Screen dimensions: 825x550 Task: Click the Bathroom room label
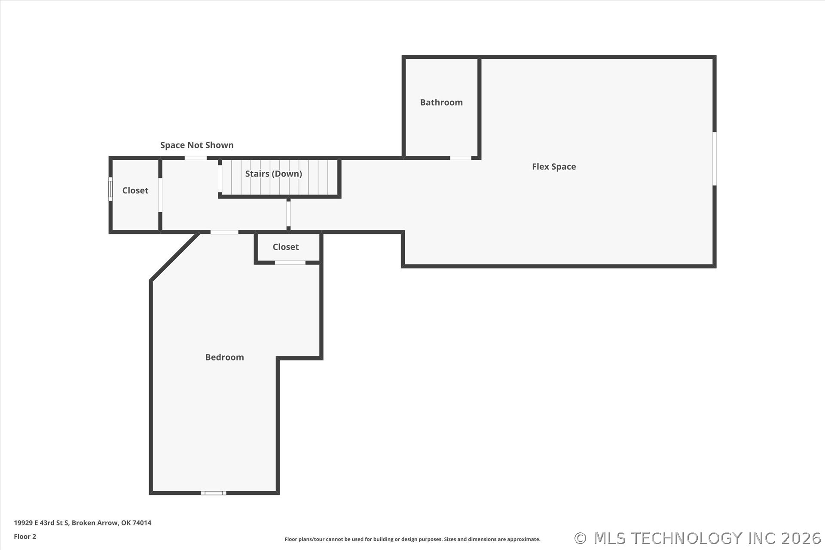click(x=441, y=102)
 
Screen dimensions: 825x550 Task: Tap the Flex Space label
click(x=554, y=167)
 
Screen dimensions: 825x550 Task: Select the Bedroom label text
click(x=224, y=357)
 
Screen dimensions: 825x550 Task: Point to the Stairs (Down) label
click(x=274, y=174)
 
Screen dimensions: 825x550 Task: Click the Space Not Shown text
click(x=197, y=145)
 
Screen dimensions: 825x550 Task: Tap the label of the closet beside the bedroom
click(x=286, y=247)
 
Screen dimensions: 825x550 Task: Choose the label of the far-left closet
click(x=135, y=190)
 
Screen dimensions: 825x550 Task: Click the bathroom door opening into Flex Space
click(x=461, y=158)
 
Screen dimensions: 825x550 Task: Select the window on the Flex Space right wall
click(x=715, y=159)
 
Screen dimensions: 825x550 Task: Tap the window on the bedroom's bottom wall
click(x=214, y=493)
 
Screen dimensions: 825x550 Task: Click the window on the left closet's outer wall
click(x=110, y=189)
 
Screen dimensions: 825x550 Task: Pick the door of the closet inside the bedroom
click(x=290, y=263)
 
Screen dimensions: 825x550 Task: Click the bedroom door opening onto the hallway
click(x=224, y=232)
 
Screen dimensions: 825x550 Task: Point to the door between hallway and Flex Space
click(x=288, y=214)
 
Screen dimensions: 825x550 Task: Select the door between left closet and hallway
click(x=160, y=195)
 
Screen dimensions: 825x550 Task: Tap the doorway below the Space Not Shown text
click(x=196, y=158)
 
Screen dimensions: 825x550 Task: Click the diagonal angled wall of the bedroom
click(x=174, y=257)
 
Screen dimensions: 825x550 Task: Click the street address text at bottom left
click(x=82, y=523)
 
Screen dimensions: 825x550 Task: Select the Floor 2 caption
click(x=25, y=536)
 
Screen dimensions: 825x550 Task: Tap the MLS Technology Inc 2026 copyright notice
click(x=698, y=538)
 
